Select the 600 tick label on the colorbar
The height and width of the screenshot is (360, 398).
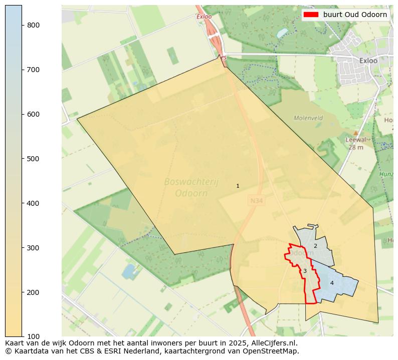click(33, 114)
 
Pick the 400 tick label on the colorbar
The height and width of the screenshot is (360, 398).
click(33, 203)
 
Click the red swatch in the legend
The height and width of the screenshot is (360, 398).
click(311, 15)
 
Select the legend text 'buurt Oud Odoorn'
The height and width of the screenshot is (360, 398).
click(355, 15)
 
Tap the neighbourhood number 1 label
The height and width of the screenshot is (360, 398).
click(238, 186)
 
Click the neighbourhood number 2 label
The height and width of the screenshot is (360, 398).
click(315, 246)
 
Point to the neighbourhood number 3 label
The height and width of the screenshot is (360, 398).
click(305, 271)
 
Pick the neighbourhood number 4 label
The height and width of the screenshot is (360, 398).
click(332, 283)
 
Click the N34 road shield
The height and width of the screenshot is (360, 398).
click(256, 201)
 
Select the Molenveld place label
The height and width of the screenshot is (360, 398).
click(308, 118)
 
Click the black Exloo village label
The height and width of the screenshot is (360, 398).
click(368, 61)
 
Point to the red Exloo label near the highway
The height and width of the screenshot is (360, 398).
click(205, 17)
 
